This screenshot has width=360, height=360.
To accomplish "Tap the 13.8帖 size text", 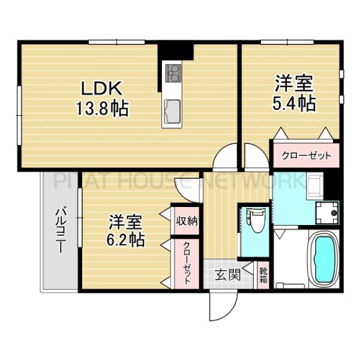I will click(103, 110).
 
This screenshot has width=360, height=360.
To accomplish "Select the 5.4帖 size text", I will click(294, 104).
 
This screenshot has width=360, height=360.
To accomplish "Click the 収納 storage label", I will click(185, 220).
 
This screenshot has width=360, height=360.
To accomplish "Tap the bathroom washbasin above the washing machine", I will click(314, 185).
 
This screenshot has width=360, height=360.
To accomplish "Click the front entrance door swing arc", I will click(217, 307).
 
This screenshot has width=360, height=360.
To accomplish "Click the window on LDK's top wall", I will click(116, 41).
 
